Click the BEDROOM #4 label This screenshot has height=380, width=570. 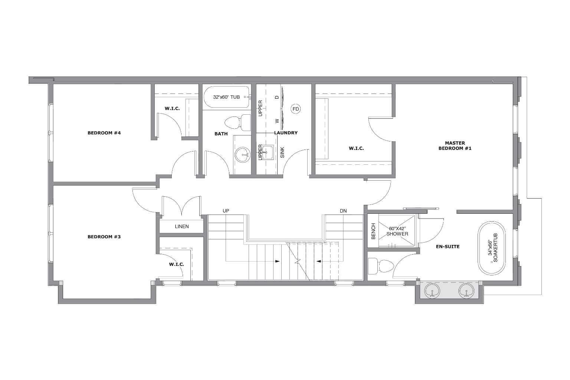pyautogui.click(x=104, y=133)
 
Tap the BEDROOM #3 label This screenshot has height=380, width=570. pyautogui.click(x=104, y=237)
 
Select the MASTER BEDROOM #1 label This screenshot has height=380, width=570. pyautogui.click(x=455, y=145)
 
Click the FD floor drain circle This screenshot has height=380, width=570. pyautogui.click(x=296, y=109)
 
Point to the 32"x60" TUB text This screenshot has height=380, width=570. pyautogui.click(x=226, y=97)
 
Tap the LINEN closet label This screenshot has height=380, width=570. pyautogui.click(x=182, y=226)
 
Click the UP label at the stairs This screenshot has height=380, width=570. pyautogui.click(x=226, y=211)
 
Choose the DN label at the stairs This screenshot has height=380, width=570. pyautogui.click(x=343, y=211)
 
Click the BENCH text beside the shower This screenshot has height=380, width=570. pyautogui.click(x=373, y=231)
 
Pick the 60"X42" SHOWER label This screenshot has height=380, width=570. pyautogui.click(x=397, y=231)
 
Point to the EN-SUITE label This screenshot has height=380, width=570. pyautogui.click(x=448, y=246)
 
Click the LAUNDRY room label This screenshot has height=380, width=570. pyautogui.click(x=286, y=133)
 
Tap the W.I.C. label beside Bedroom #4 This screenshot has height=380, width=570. pyautogui.click(x=172, y=109)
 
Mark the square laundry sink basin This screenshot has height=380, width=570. pyautogui.click(x=268, y=152)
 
